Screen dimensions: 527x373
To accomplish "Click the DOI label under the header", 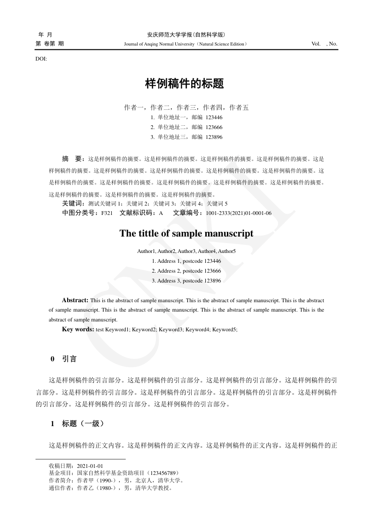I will point(41,59).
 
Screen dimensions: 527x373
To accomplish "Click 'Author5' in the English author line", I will point(227,251).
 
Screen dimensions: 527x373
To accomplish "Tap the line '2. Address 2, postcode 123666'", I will point(186,271).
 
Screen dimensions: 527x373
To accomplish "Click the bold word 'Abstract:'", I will point(75,300).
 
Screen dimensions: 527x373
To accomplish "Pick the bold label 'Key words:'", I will point(78,329).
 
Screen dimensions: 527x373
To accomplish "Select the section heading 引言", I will point(70,359).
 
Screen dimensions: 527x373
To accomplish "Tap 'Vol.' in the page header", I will point(316,44).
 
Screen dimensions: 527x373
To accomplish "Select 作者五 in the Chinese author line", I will point(239,107).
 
